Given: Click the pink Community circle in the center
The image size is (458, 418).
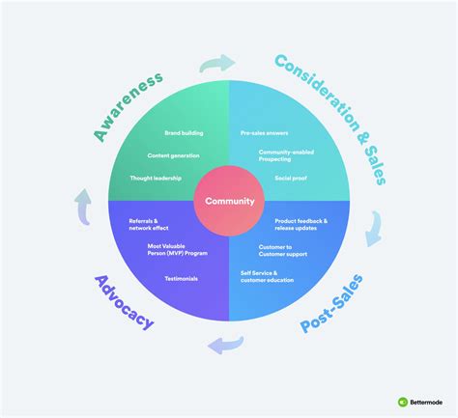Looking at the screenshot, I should pyautogui.click(x=229, y=202).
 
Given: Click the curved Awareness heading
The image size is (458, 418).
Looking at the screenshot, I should pyautogui.click(x=129, y=103).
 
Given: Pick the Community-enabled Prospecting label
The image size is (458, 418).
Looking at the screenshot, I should pyautogui.click(x=284, y=155).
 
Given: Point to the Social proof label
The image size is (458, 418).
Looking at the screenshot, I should pyautogui.click(x=291, y=180).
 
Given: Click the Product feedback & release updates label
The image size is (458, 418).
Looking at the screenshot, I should pyautogui.click(x=301, y=226).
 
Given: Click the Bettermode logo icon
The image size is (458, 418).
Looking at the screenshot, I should pyautogui.click(x=402, y=402).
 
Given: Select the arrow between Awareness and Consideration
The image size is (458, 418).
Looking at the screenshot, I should pyautogui.click(x=218, y=64).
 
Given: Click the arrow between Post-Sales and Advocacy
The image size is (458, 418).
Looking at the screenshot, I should pyautogui.click(x=228, y=342).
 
